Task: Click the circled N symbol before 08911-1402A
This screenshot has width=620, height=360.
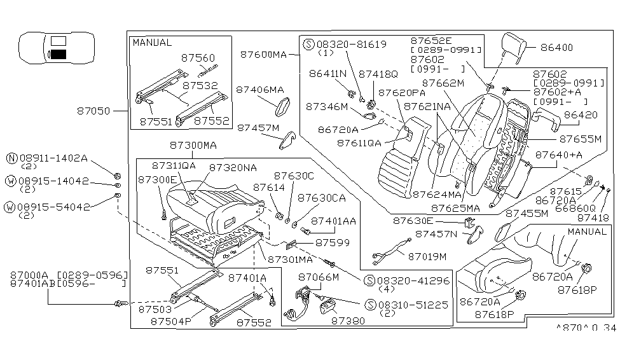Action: [x=11, y=158]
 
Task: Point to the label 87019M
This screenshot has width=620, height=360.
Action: [x=427, y=256]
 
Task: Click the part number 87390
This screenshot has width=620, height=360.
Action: [x=348, y=322]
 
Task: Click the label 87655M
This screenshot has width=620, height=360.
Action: [x=580, y=138]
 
